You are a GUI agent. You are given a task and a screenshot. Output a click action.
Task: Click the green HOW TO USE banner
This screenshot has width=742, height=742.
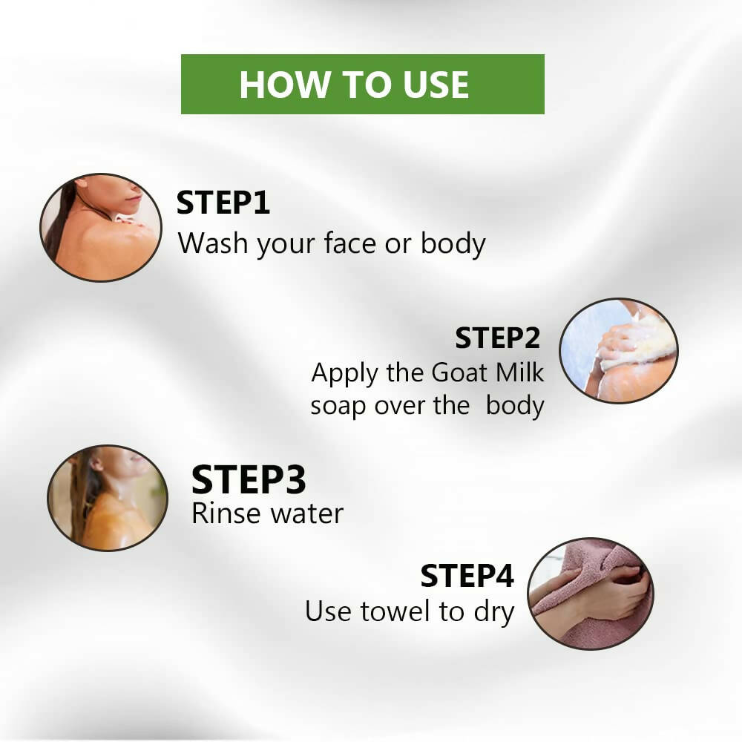363,85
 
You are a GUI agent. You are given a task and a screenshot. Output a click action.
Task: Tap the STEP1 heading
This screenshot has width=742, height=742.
223,203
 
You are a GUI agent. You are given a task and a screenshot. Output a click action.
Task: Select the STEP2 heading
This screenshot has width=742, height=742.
497,338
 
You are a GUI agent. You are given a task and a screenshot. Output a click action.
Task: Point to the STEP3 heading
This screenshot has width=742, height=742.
249,479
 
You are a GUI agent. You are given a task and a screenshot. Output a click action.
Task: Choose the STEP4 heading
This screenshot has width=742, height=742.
467,576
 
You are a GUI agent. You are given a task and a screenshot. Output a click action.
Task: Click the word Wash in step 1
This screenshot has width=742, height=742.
214,243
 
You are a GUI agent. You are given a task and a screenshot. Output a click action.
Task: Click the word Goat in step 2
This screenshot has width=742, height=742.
459,372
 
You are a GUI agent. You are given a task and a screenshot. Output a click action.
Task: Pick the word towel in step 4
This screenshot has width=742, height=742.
395,611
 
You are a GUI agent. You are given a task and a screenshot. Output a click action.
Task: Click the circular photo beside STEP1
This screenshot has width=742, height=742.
100,228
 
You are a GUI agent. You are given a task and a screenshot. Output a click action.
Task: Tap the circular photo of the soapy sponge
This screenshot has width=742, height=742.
619,351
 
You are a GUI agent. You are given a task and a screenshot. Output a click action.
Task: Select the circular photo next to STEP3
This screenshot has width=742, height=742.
108,498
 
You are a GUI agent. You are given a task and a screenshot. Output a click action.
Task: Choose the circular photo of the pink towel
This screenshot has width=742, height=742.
591,594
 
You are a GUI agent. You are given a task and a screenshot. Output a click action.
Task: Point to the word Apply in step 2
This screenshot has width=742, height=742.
345,374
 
